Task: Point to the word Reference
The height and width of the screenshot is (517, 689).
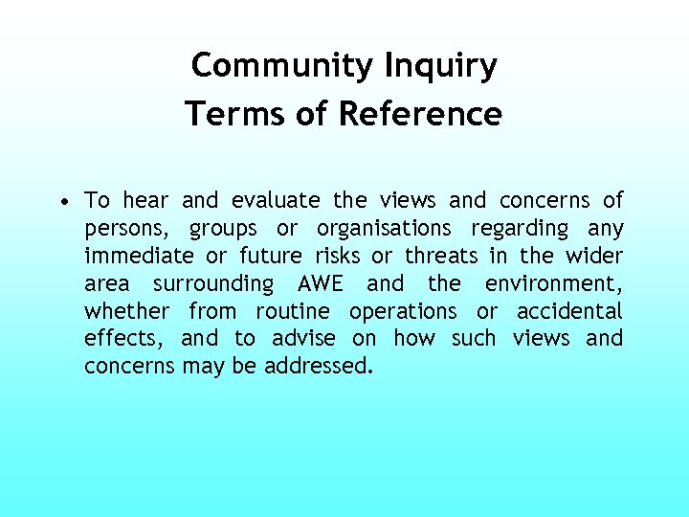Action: pos(420,114)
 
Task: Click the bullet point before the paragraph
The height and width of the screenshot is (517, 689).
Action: pos(62,202)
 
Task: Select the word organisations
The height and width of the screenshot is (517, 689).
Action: pos(384,229)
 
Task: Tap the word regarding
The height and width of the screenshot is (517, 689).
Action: pos(520,229)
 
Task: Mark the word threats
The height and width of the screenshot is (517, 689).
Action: pos(441,256)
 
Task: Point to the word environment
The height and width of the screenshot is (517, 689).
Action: pos(553,283)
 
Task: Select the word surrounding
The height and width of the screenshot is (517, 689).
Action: pos(213,283)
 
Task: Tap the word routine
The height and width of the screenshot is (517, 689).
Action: pos(292,311)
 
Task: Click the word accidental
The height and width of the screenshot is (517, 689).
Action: pos(569,311)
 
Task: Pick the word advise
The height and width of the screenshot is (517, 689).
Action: pos(304,338)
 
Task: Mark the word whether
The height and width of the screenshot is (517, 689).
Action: pos(126,311)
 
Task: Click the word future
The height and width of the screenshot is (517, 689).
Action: pos(271,256)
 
